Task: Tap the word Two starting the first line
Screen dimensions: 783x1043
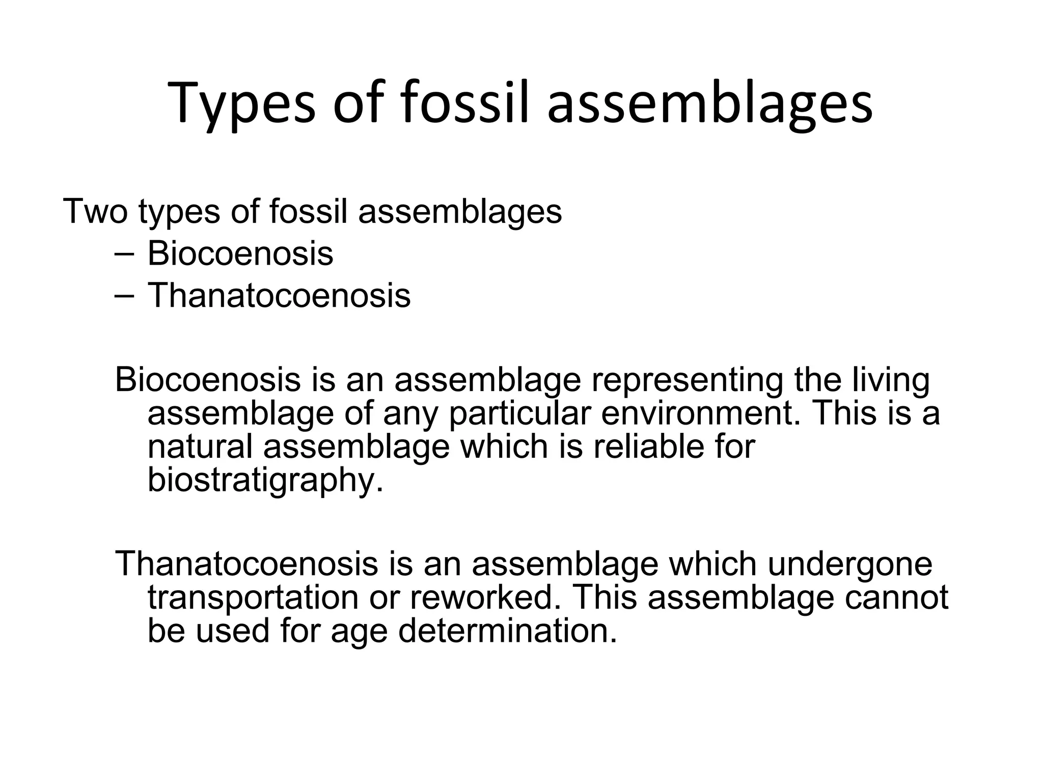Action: click(95, 211)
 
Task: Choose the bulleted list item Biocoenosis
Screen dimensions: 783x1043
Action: click(240, 253)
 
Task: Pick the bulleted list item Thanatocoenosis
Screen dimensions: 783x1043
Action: click(279, 295)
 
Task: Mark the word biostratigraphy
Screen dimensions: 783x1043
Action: click(265, 480)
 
